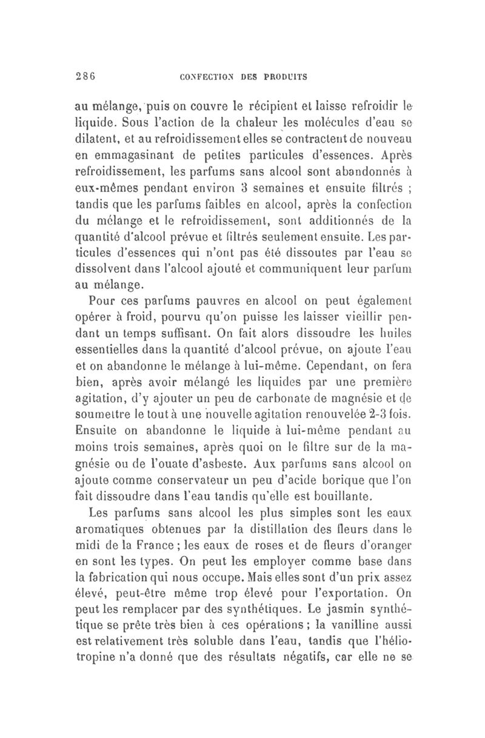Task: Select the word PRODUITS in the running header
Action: (x=286, y=77)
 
